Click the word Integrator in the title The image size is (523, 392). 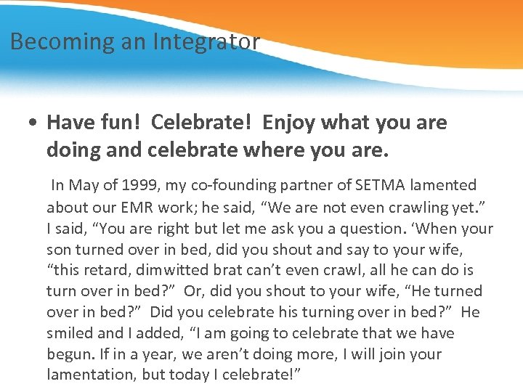click(x=206, y=42)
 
